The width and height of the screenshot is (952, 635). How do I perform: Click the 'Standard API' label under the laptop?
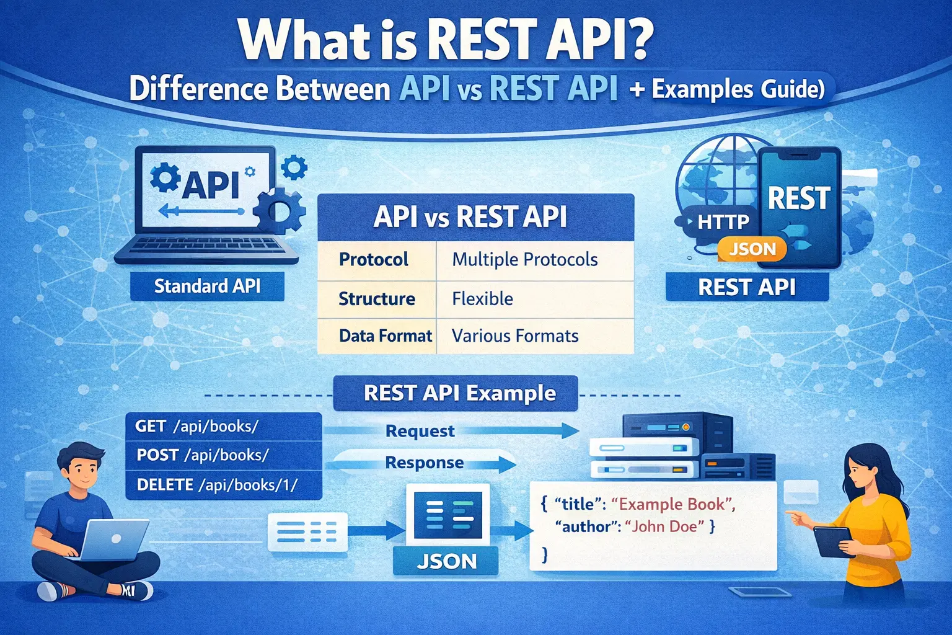[207, 286]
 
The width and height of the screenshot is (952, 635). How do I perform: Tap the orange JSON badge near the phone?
[752, 249]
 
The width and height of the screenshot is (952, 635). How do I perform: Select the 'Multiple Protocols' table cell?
[525, 259]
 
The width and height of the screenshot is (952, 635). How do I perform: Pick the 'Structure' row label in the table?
[377, 299]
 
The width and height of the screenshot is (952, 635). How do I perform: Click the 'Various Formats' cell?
[515, 336]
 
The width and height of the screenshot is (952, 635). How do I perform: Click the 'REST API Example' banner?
[459, 393]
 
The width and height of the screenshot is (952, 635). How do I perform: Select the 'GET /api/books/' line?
[197, 427]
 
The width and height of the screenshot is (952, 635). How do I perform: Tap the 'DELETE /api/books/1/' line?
[217, 484]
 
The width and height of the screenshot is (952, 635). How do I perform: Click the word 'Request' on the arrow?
[420, 431]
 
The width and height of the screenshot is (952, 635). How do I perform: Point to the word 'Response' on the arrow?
[425, 463]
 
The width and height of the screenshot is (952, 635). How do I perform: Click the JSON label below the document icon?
[446, 561]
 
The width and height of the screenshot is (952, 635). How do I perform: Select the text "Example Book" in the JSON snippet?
[673, 504]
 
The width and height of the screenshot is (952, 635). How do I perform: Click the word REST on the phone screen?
[800, 198]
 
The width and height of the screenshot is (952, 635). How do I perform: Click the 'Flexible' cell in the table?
[483, 299]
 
